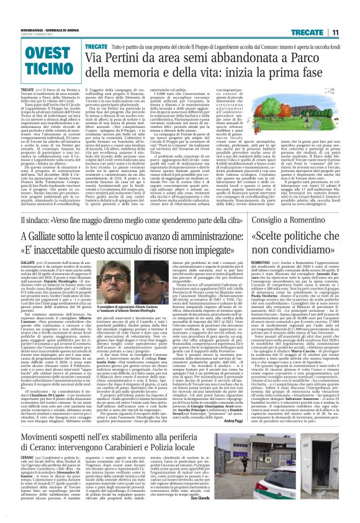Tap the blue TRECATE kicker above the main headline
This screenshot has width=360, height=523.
tap(96, 46)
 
